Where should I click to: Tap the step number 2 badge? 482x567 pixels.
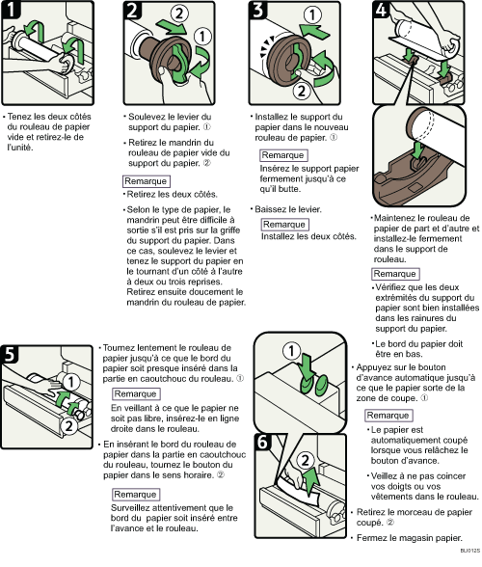[133, 14]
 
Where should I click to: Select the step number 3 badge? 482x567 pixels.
[259, 14]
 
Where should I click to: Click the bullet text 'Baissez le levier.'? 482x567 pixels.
[288, 207]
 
